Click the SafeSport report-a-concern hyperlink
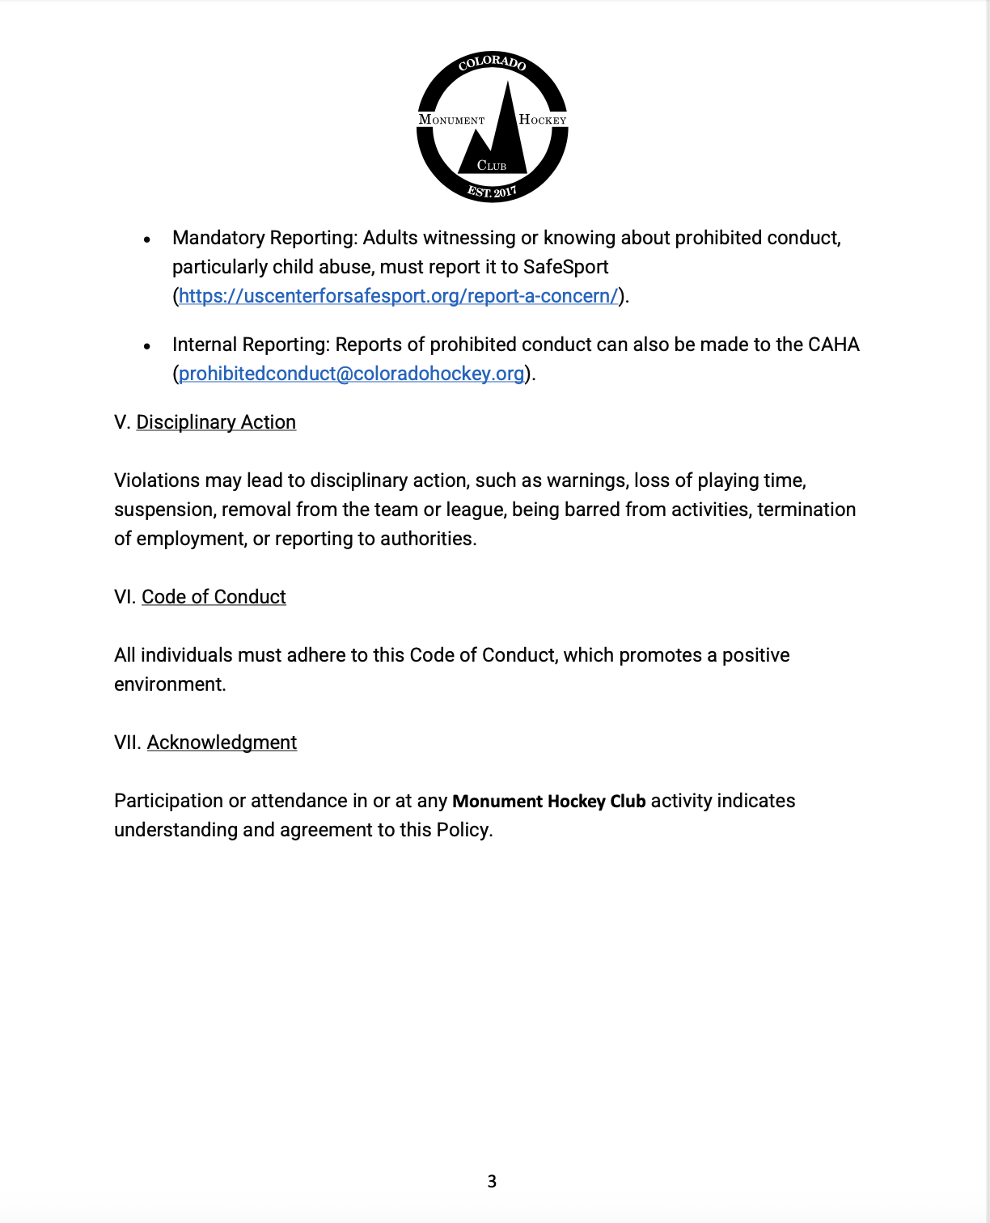click(398, 296)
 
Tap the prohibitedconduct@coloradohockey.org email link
click(351, 374)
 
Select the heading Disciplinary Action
click(216, 422)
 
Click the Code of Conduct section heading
click(214, 597)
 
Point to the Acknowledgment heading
click(222, 743)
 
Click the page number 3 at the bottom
click(492, 1182)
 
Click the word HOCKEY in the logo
click(543, 120)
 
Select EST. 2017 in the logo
click(492, 192)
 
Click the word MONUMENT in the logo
click(451, 120)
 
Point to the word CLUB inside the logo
click(492, 166)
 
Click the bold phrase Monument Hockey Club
click(548, 802)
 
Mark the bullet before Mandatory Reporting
click(147, 239)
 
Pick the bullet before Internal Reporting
click(147, 346)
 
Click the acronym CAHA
click(833, 345)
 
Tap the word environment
click(169, 684)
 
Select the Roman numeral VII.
click(127, 743)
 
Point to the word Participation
click(168, 801)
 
